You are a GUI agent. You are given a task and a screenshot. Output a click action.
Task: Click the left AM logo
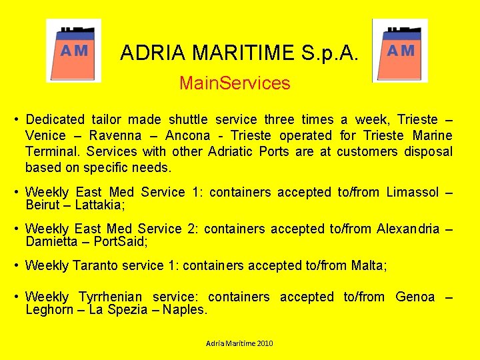tap(73, 50)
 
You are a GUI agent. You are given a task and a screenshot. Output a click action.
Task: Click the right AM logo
tap(400, 50)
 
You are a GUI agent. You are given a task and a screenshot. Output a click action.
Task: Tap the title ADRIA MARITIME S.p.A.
tap(239, 53)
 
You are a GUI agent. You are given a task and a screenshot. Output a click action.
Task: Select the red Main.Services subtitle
tap(235, 83)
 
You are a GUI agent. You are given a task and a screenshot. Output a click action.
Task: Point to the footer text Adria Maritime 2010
tap(239, 343)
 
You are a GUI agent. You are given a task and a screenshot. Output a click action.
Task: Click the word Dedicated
tap(55, 120)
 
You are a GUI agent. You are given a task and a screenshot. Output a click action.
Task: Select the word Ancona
tap(189, 136)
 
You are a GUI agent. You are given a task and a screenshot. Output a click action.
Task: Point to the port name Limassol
tap(407, 193)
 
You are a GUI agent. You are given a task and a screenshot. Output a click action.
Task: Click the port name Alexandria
tap(408, 229)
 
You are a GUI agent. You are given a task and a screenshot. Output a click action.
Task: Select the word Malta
tap(367, 265)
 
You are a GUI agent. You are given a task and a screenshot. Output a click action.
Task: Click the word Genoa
tap(415, 297)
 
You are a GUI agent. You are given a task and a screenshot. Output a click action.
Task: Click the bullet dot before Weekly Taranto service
tap(16, 265)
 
